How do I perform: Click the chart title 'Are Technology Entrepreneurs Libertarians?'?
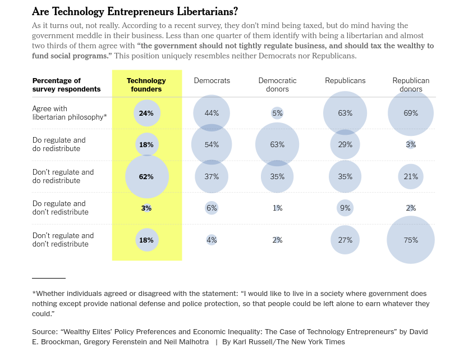pos(135,12)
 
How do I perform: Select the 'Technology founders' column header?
pos(146,85)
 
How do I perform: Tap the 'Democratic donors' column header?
pos(277,85)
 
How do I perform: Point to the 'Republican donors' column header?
pos(411,85)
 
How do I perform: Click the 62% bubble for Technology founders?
pos(146,176)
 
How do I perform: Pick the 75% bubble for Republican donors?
pos(411,240)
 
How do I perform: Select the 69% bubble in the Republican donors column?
pos(411,113)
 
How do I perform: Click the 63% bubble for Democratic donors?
pos(277,144)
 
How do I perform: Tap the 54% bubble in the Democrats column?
pos(212,144)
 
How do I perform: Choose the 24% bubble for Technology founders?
pos(146,113)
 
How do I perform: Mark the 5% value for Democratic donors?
pos(277,113)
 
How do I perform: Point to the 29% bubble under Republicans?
pos(345,144)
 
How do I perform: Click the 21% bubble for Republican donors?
pos(411,176)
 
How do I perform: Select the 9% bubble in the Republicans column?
pos(345,208)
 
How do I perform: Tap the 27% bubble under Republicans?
pos(345,240)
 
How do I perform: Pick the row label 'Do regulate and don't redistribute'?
pos(61,208)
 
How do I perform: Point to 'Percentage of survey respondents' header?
pos(66,85)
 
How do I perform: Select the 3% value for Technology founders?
pos(146,208)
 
